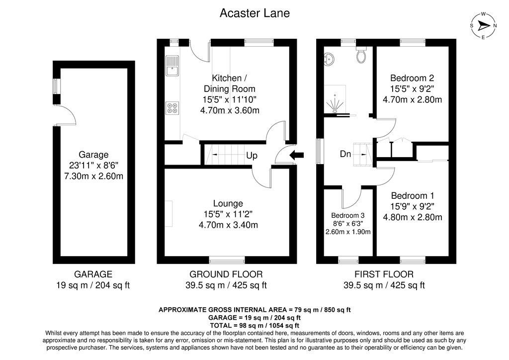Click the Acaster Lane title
coord(254,13)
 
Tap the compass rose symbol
coord(483,26)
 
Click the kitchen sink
coord(172,66)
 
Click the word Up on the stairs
coord(252,156)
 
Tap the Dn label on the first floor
coord(345,155)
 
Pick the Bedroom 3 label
coord(348,215)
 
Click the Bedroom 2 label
coord(412,78)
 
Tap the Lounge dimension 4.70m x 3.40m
coord(228,225)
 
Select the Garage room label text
coord(93,155)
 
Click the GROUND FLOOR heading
coord(226,274)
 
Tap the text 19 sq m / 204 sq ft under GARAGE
coord(93,285)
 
